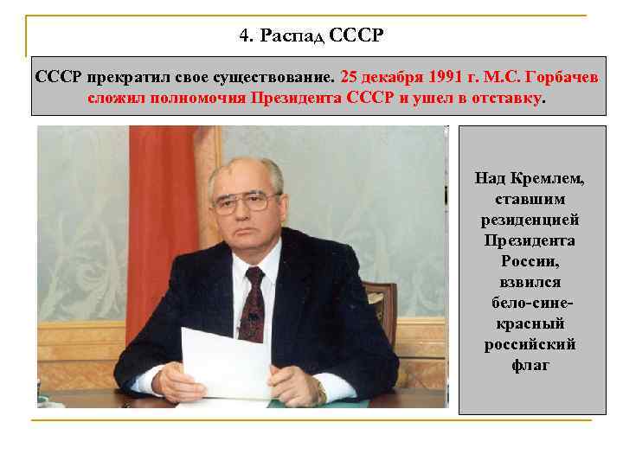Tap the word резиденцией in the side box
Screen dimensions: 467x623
529,220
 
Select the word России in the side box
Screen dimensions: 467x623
529,261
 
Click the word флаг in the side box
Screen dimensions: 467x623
529,365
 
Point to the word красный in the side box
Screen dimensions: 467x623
529,323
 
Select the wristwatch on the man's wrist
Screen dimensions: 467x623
320,394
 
